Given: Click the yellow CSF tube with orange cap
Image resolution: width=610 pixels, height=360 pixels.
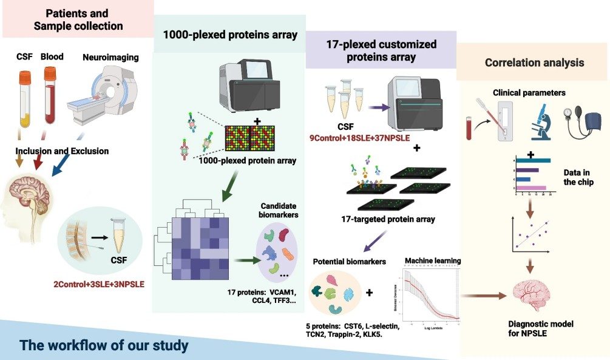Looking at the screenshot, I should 25,100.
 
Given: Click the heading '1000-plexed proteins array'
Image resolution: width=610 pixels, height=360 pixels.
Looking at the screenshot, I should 230,35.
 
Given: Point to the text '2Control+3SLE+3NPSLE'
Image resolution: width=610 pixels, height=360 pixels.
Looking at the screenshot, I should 98,283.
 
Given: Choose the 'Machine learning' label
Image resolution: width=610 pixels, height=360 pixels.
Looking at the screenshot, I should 432,261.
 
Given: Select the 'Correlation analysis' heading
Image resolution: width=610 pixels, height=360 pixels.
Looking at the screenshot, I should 534,62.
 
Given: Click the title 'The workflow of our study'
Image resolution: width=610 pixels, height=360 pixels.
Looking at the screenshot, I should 104,345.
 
